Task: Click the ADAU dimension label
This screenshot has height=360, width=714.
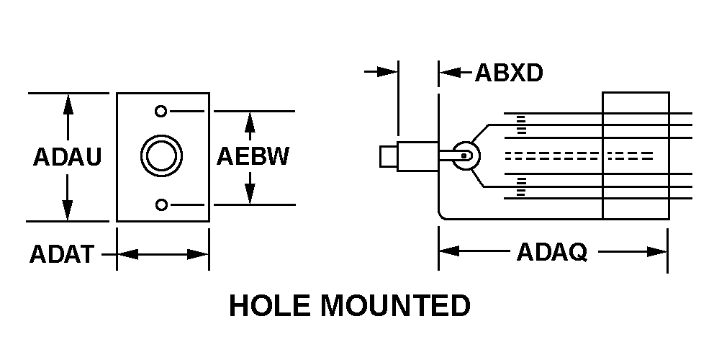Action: (67, 157)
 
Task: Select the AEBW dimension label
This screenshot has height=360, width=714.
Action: (253, 156)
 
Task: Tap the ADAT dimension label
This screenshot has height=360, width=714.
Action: (62, 254)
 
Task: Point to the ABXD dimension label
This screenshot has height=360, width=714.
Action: (509, 73)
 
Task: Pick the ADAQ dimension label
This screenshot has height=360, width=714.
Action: (552, 252)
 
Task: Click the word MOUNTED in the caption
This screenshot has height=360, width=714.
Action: (395, 305)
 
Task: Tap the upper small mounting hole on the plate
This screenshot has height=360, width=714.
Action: (161, 111)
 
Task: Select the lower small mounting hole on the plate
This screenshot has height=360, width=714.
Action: (161, 205)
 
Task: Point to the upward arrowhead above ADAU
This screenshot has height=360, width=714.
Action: (68, 104)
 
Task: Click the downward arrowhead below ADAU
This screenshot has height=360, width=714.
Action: (68, 210)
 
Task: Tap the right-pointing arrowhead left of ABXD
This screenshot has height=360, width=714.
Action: (388, 72)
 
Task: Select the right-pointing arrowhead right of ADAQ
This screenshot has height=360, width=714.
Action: (657, 251)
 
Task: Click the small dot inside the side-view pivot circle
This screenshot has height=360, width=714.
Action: (464, 156)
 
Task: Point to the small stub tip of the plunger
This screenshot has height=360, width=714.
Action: (389, 156)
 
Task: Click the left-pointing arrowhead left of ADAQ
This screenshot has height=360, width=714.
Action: (449, 251)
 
